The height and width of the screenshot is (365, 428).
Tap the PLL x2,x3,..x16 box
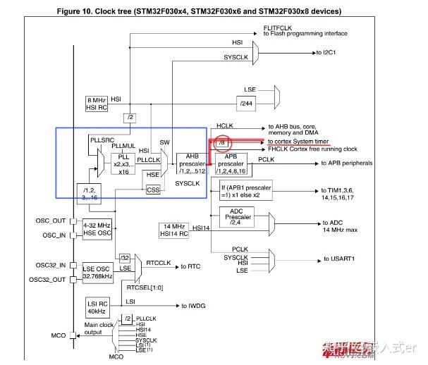(124, 161)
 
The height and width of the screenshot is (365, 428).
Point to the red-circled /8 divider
(223, 143)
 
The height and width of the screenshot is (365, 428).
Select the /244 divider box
(247, 104)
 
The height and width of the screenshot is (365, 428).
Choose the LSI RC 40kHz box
(97, 307)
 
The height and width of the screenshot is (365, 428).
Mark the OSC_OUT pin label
(50, 221)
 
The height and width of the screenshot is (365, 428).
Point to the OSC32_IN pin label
(50, 265)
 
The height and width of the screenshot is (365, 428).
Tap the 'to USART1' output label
(342, 259)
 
